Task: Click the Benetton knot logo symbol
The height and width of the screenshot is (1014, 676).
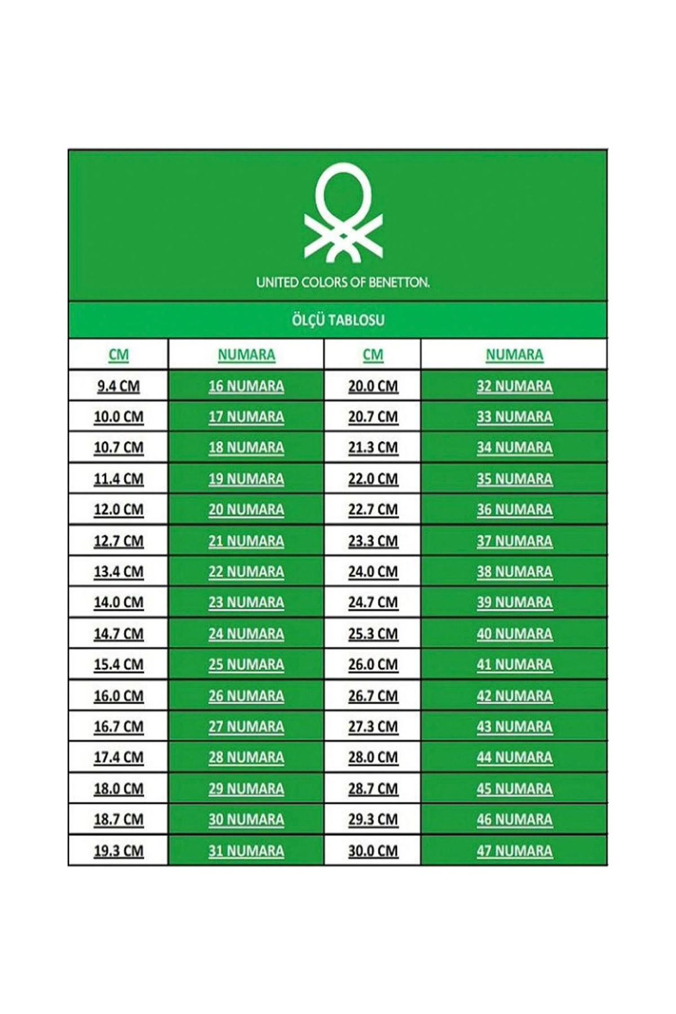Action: point(343,212)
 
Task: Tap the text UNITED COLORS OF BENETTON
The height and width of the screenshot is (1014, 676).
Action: point(343,282)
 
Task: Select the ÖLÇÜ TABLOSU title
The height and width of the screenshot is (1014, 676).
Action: point(338,320)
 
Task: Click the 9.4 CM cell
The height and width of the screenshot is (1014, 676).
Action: point(118,386)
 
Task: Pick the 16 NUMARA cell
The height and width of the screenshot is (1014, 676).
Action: point(246,386)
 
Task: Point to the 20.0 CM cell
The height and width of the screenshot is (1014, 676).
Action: point(373,386)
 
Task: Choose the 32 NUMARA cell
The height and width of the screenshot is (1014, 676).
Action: point(514,386)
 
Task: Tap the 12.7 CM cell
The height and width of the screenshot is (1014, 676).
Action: point(118,541)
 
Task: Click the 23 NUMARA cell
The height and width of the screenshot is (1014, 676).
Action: point(246,602)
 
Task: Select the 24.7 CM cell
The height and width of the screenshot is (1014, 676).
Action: point(373,602)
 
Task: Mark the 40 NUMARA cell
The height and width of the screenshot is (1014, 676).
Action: point(514,634)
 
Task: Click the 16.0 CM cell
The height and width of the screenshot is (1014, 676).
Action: point(118,696)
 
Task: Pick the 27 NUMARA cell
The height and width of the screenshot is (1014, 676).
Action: point(246,727)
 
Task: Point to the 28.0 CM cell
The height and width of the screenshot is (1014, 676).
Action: point(373,757)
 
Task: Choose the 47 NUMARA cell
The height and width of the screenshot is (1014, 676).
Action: point(514,851)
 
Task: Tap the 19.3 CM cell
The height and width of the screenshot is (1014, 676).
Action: point(118,851)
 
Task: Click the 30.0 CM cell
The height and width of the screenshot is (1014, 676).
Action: point(373,851)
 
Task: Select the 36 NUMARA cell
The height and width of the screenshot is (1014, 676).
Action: point(514,509)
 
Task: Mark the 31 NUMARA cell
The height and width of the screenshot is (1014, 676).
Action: point(246,851)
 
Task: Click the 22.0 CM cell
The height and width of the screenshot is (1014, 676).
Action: point(373,479)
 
